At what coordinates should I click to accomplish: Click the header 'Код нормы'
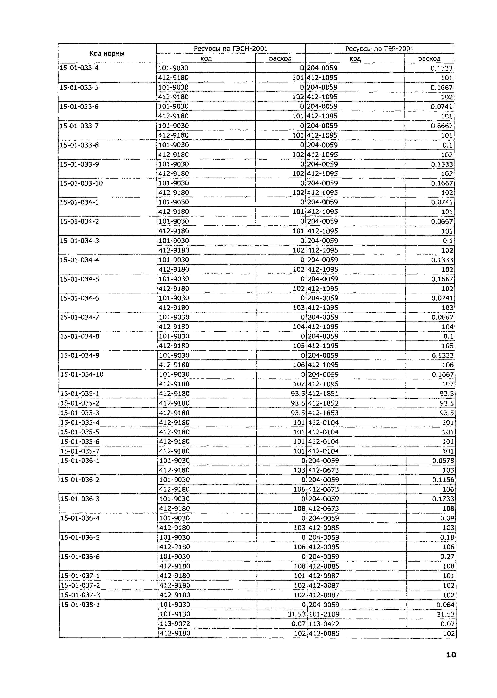click(x=107, y=54)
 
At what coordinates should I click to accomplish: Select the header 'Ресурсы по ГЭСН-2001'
click(x=231, y=49)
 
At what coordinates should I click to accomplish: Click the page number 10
click(x=451, y=654)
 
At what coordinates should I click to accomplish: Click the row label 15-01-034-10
click(x=82, y=374)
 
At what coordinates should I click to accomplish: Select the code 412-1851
click(x=323, y=393)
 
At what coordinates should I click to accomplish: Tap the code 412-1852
click(x=323, y=403)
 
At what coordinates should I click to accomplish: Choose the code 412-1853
click(x=323, y=413)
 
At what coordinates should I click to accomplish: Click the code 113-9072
click(x=174, y=624)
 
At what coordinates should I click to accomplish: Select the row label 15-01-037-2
click(x=80, y=585)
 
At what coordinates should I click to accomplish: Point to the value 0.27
click(x=447, y=556)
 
